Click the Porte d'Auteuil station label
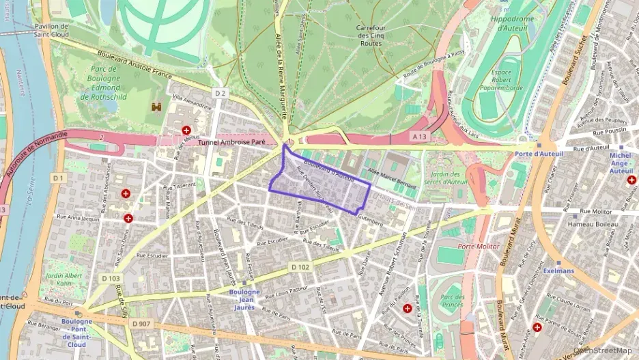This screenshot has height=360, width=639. [x=539, y=154]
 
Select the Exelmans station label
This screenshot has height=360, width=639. [x=558, y=271]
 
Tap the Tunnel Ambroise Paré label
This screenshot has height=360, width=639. [x=232, y=143]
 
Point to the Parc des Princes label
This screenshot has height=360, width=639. [x=451, y=301]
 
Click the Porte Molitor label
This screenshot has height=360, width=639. [x=478, y=246]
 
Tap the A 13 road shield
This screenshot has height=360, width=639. [x=420, y=137]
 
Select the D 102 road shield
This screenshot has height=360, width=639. [x=300, y=266]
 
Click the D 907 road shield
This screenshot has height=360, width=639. [x=141, y=323]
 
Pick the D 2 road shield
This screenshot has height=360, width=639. [x=219, y=92]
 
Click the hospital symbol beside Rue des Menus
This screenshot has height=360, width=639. [x=186, y=130]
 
